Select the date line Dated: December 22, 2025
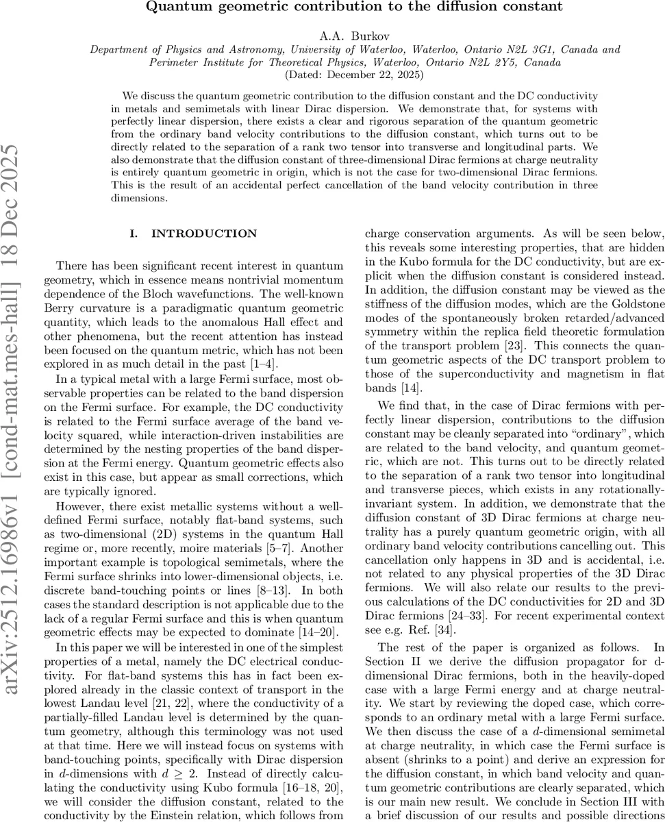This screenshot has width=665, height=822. (355, 74)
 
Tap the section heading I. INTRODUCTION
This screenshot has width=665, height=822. (193, 234)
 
